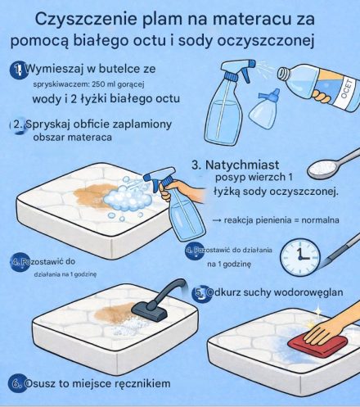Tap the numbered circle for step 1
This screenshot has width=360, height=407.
point(16,70)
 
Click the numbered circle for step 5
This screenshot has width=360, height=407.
point(199,292)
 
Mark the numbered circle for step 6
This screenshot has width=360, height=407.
point(16,382)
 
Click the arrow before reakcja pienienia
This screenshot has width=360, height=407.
point(217,221)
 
